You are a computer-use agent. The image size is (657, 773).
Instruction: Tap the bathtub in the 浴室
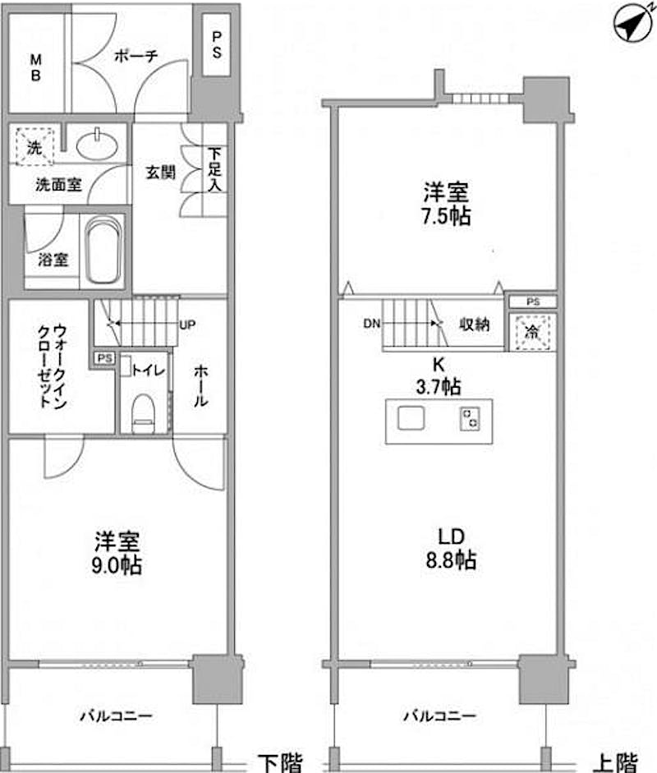tap(103, 251)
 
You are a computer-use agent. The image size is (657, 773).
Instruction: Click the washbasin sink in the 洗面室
tap(97, 145)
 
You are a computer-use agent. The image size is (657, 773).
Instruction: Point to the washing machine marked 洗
tap(34, 146)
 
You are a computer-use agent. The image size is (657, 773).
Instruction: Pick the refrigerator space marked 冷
tap(533, 332)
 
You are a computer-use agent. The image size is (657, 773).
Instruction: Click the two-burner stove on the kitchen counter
tap(470, 419)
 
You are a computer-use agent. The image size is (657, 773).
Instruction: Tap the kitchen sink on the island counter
tap(411, 419)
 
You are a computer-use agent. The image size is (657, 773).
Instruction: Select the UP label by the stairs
tap(187, 324)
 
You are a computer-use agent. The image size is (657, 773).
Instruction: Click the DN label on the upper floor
tap(372, 324)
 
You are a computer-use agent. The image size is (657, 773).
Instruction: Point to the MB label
tap(35, 67)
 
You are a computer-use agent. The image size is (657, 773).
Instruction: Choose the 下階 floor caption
tap(281, 762)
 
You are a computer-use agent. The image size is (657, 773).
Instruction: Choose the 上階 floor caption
tap(615, 762)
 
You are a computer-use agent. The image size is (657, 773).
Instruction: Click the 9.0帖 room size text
tap(117, 565)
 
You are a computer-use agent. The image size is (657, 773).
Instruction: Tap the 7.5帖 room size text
tap(446, 216)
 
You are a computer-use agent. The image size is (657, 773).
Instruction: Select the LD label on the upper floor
tap(452, 537)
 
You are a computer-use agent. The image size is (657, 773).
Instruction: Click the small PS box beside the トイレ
tap(104, 358)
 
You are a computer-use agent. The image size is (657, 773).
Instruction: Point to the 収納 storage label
tap(474, 324)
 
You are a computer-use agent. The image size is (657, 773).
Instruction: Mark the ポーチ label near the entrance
tap(136, 55)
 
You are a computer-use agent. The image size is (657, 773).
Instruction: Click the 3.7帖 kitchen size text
tap(439, 386)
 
